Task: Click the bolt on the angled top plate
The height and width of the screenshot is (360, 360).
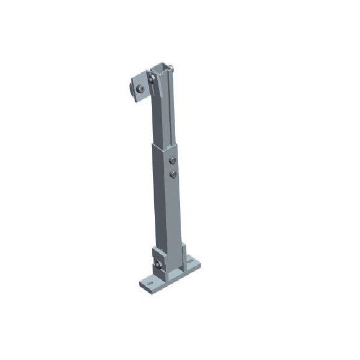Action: coord(139,89)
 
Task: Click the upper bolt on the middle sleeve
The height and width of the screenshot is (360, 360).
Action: coord(173,161)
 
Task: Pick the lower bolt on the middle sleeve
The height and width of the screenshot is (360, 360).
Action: coord(173,174)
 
